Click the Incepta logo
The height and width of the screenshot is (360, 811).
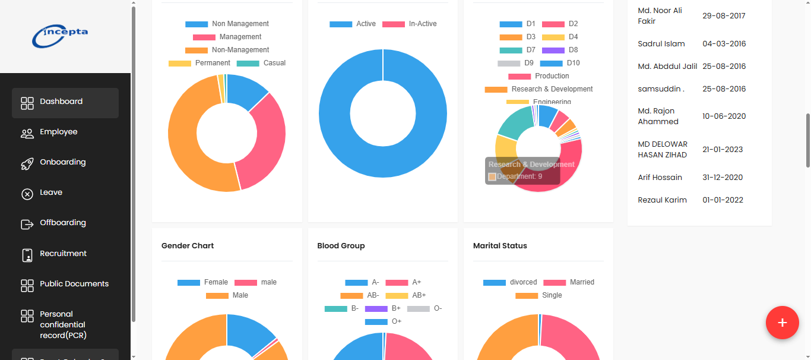pyautogui.click(x=60, y=36)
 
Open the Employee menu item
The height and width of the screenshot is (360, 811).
pyautogui.click(x=58, y=132)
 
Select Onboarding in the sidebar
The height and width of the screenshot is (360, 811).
pyautogui.click(x=62, y=162)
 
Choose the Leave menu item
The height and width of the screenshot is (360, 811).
pyautogui.click(x=51, y=192)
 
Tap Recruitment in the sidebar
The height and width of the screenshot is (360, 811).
pyautogui.click(x=63, y=254)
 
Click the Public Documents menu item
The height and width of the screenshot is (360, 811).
pyautogui.click(x=74, y=284)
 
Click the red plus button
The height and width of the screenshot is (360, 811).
pyautogui.click(x=782, y=323)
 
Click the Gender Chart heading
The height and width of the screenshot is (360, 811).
pyautogui.click(x=188, y=246)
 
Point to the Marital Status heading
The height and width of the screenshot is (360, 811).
pyautogui.click(x=500, y=246)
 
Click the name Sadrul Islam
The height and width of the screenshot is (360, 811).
pyautogui.click(x=661, y=44)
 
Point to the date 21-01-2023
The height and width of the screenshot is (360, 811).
pyautogui.click(x=723, y=150)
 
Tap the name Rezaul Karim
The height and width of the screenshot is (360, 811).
pyautogui.click(x=662, y=200)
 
